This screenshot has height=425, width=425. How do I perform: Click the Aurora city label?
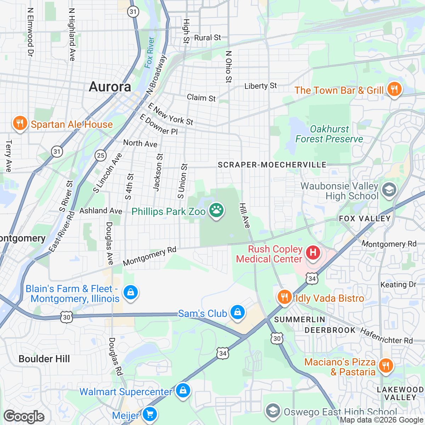(x=110, y=87)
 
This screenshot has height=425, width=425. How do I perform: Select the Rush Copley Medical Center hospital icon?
(x=313, y=253)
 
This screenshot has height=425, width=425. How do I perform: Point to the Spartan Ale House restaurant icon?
(x=20, y=123)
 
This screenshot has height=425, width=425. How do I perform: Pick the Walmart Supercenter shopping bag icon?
(x=183, y=390)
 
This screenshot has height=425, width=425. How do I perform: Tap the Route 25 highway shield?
(x=101, y=155)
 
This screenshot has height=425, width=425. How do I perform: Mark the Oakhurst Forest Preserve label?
(x=329, y=134)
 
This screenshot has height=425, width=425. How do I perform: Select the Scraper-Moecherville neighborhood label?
(x=272, y=165)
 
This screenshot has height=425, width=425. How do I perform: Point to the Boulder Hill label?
(x=44, y=359)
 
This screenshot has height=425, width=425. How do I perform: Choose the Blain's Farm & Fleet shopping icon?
(x=131, y=293)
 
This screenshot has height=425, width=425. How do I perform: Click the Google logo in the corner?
(x=24, y=416)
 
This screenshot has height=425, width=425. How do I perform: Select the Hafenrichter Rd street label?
(x=386, y=336)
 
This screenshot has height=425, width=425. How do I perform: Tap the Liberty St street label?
(x=261, y=86)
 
